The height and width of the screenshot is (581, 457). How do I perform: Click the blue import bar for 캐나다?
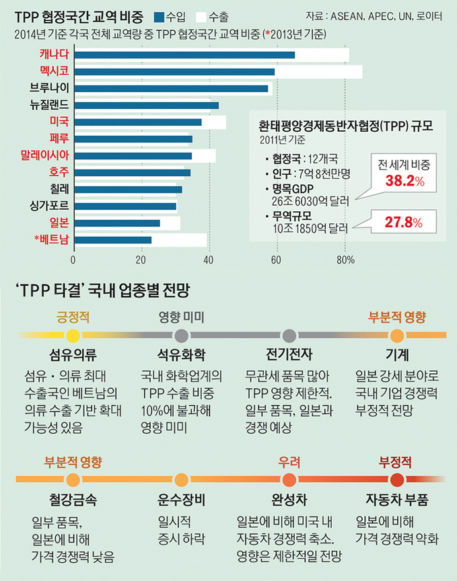pyautogui.click(x=183, y=54)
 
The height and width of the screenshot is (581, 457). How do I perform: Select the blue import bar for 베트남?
pyautogui.click(x=112, y=239)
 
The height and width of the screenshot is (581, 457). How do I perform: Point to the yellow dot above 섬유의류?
pyautogui.click(x=73, y=336)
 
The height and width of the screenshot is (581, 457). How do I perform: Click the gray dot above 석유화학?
pyautogui.click(x=181, y=336)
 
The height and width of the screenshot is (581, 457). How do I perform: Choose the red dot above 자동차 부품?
pyautogui.click(x=396, y=479)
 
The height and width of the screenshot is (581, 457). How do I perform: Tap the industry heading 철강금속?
pyautogui.click(x=73, y=500)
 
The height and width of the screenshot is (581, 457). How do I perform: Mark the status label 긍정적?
pyautogui.click(x=73, y=317)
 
